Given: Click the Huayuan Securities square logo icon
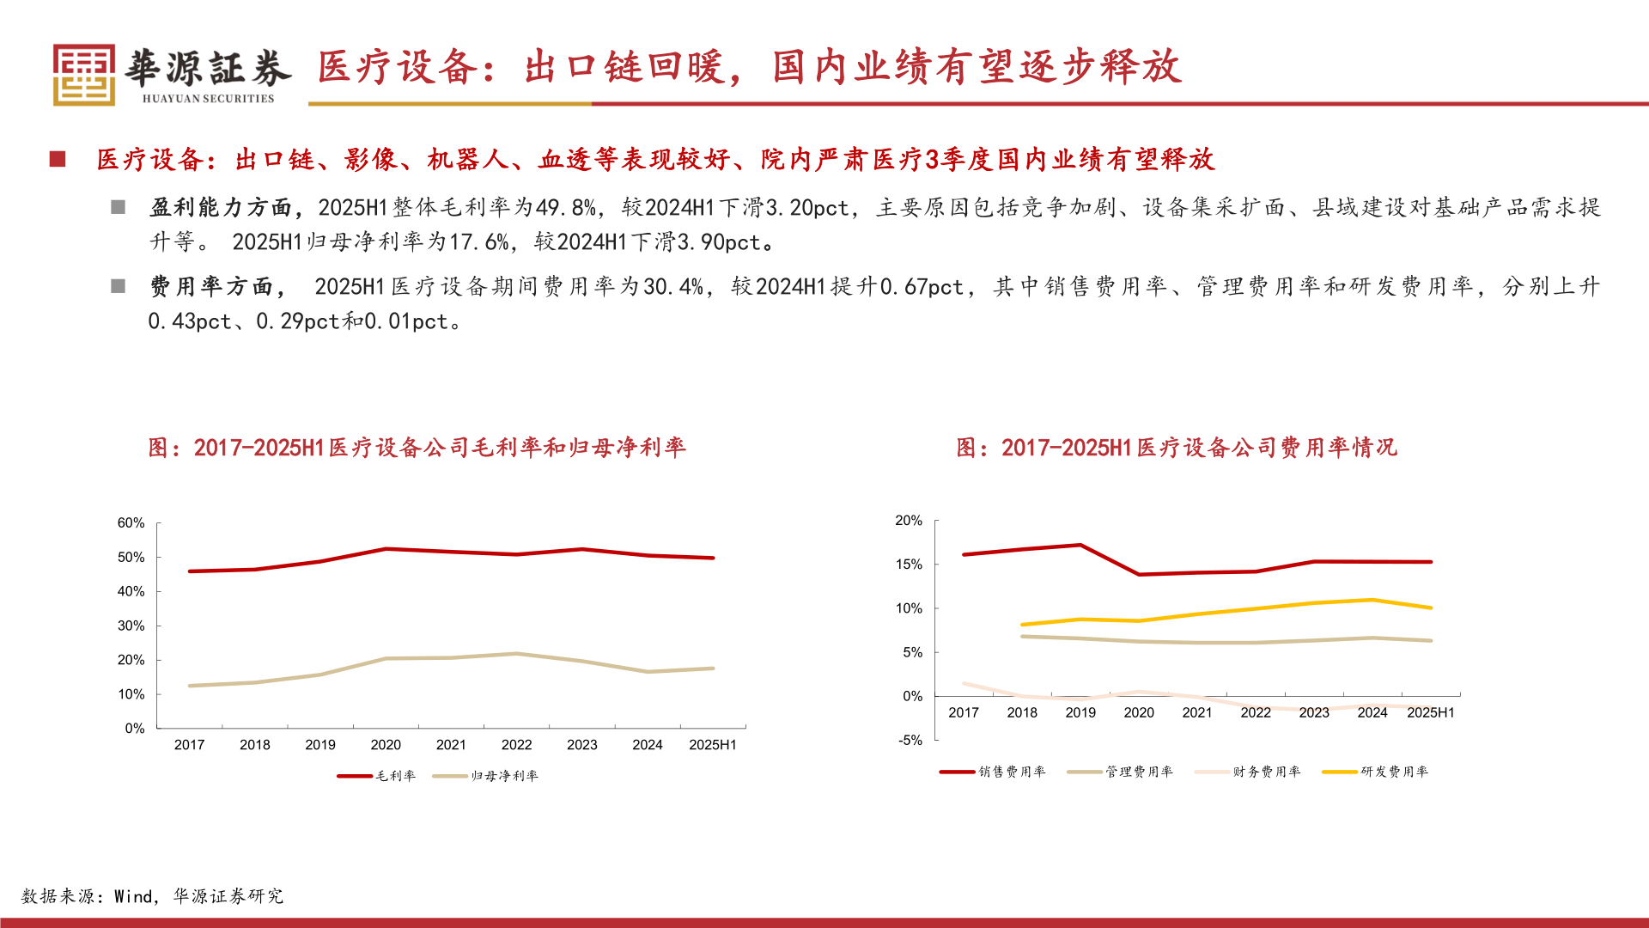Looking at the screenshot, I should pos(83,75).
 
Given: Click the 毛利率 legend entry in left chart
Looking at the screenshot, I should pos(378,776).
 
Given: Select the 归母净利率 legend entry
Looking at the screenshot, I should pos(486,776).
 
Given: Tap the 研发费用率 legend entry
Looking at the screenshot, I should pos(1376,772).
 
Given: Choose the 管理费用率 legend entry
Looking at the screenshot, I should pos(1121,772).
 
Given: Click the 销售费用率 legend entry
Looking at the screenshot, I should pos(994,772).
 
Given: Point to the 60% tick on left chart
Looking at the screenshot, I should pos(131,522).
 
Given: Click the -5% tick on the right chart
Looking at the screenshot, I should pos(910,740).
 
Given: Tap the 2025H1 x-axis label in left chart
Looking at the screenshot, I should pos(712,745).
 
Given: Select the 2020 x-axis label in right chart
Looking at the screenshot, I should pos(1138,712).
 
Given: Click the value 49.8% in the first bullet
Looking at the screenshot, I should pos(565,208).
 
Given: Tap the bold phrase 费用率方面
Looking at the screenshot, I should pos(211,287).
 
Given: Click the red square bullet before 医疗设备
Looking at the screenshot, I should pos(58,159).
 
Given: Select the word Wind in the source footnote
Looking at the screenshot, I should pos(133,896).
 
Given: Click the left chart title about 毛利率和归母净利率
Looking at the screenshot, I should pos(417,448).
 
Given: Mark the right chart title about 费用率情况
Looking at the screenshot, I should pos(1177,448).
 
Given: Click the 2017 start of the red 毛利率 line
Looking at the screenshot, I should pos(190,571).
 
